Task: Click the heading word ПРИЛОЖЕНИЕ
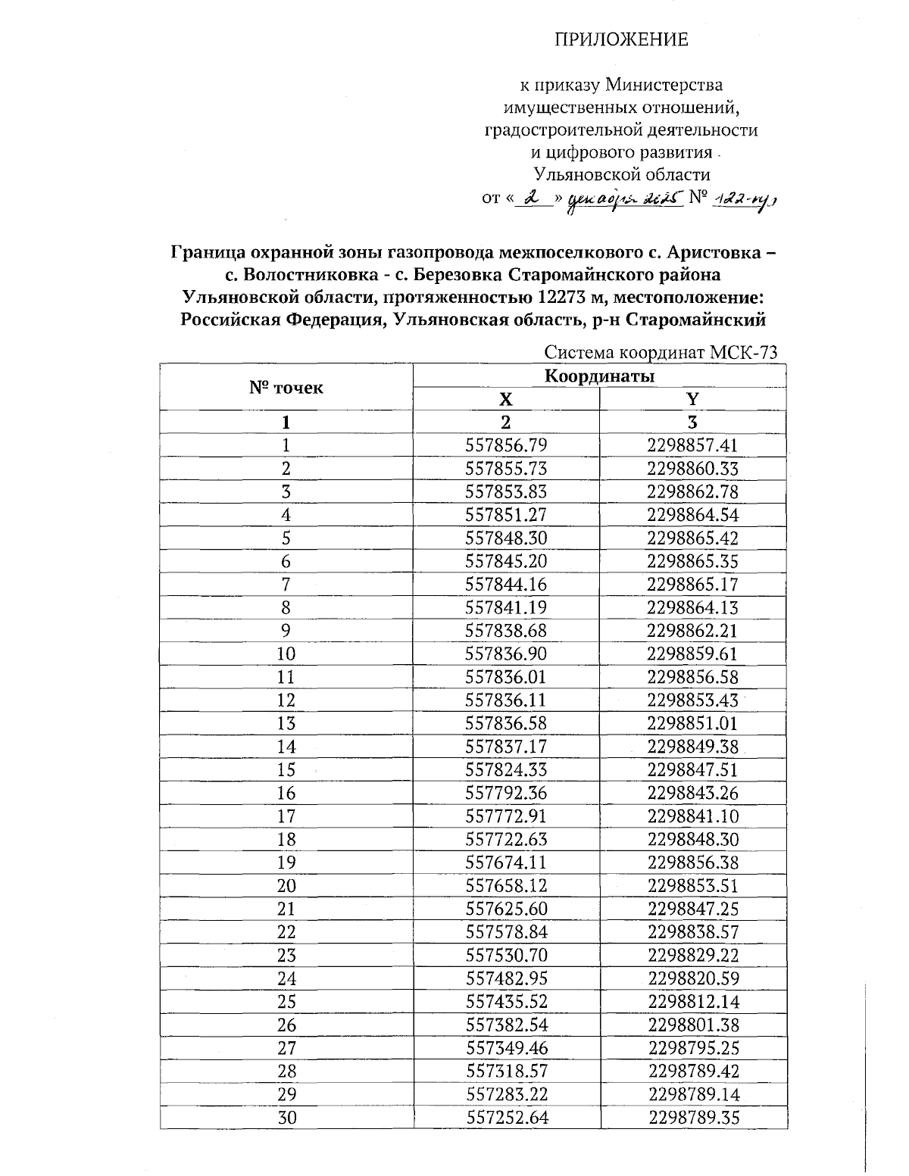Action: click(x=623, y=39)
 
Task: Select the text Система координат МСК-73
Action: click(x=661, y=353)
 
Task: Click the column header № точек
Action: click(x=286, y=388)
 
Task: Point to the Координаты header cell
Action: click(x=600, y=376)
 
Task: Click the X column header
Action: click(x=505, y=399)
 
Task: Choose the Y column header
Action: click(x=692, y=399)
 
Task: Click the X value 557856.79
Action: click(x=505, y=445)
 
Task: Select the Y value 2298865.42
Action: click(x=692, y=538)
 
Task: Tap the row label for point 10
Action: click(x=286, y=654)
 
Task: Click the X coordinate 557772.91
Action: click(x=505, y=816)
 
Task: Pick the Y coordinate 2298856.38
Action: click(x=692, y=863)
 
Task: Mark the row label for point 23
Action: click(x=286, y=956)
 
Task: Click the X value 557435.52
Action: click(x=505, y=1002)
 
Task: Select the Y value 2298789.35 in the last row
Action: click(x=692, y=1118)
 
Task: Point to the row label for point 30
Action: click(x=286, y=1118)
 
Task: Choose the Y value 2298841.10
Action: click(x=692, y=816)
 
